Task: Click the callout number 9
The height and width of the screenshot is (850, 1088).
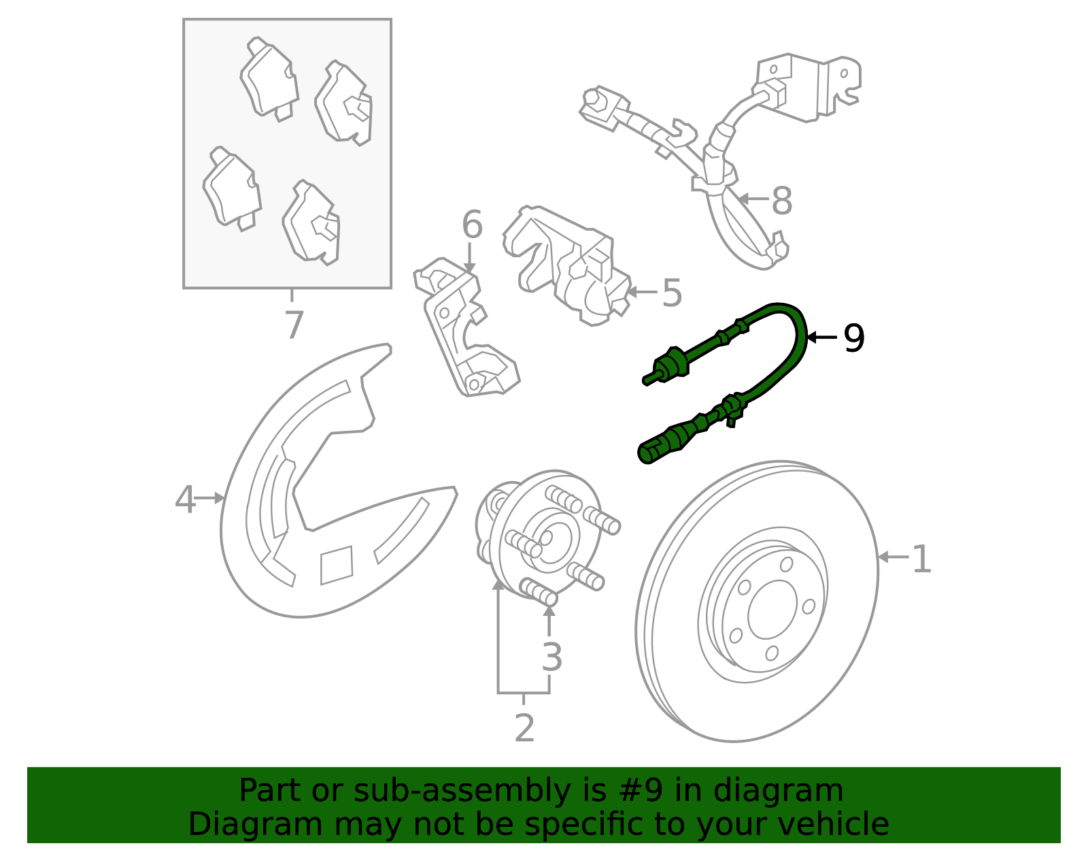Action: click(x=853, y=338)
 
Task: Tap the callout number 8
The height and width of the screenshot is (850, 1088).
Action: click(x=782, y=200)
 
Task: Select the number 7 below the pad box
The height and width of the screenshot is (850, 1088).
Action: click(x=294, y=325)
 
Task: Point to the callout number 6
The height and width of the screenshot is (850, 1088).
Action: click(x=472, y=225)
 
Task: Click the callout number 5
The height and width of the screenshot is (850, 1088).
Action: click(x=672, y=293)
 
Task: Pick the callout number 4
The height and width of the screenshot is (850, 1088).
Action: click(x=185, y=500)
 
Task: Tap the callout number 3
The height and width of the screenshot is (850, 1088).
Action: click(x=551, y=656)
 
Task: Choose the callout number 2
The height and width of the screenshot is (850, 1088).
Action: click(x=524, y=728)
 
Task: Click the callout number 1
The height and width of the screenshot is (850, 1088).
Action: click(x=921, y=559)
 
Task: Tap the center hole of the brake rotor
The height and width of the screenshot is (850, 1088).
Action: click(x=772, y=610)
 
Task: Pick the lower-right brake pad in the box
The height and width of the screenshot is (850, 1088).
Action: click(x=311, y=223)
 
